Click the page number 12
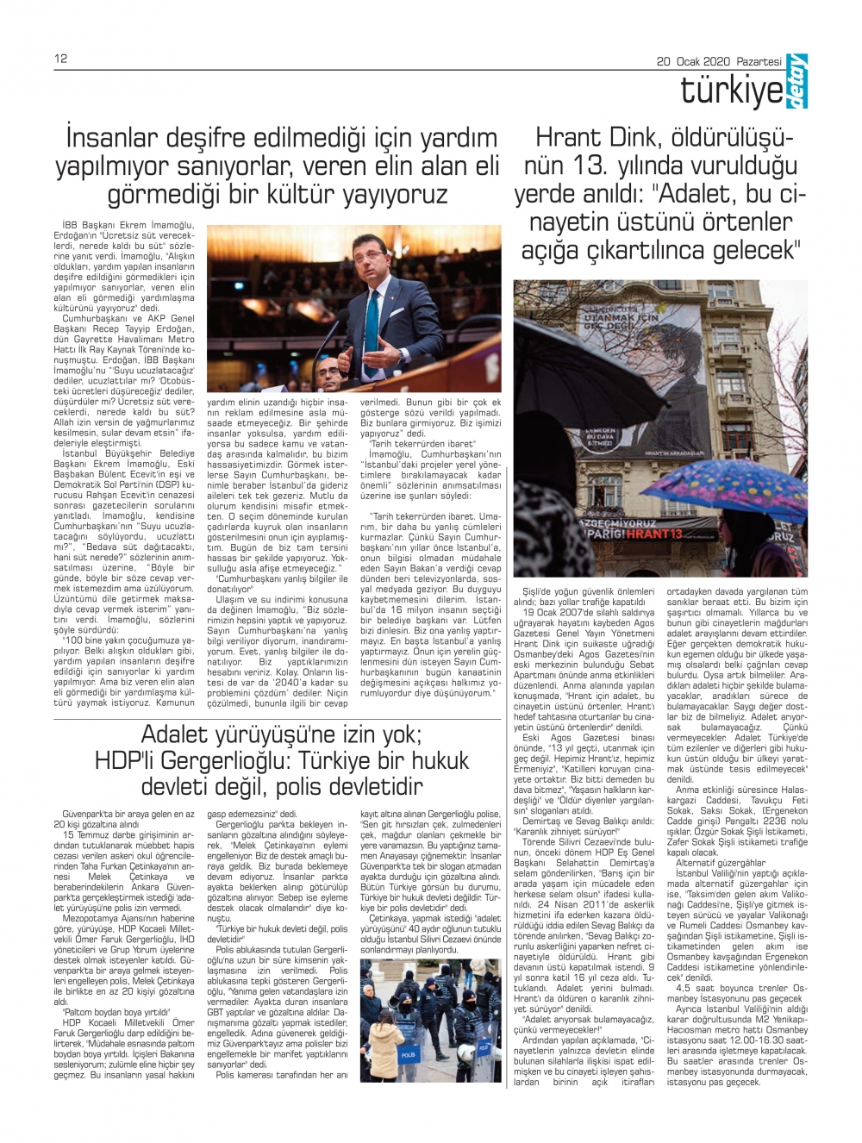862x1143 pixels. click(x=60, y=59)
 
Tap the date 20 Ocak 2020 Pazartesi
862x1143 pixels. click(x=719, y=61)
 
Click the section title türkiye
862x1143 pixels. click(x=732, y=90)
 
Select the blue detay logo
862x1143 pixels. click(x=796, y=82)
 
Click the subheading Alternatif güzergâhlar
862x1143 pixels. click(x=708, y=863)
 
